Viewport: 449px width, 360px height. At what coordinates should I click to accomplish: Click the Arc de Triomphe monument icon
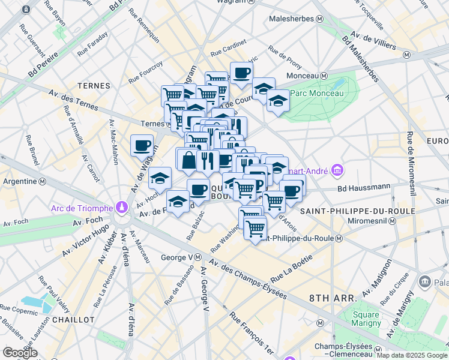pos(122,207)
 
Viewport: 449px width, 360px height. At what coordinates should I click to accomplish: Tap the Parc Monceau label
pos(316,93)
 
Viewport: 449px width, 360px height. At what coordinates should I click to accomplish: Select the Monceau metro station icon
pos(324,76)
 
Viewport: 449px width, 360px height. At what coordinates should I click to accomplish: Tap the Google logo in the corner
pos(20,353)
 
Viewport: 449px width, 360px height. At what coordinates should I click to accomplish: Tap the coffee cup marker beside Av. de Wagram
pos(142,145)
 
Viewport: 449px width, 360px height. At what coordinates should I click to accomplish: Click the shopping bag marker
pos(188,160)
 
